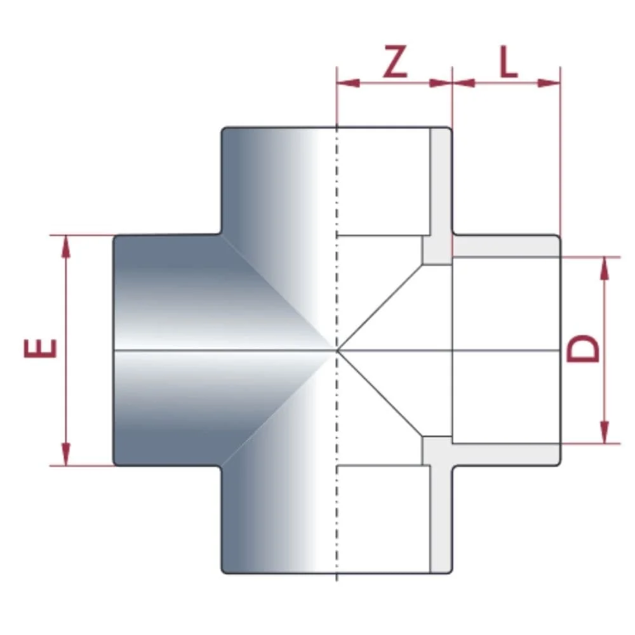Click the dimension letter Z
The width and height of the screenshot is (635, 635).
395,63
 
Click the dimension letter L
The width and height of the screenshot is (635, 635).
508,63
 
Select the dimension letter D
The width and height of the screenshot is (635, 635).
583,350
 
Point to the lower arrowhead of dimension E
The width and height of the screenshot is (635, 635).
65,454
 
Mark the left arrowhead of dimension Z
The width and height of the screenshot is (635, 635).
349,83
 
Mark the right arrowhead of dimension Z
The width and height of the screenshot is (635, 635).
440,83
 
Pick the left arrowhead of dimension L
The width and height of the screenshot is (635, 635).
464,83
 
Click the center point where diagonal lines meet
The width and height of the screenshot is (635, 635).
337,350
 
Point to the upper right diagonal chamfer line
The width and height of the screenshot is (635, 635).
381,305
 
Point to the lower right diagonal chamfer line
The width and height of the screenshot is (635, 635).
381,394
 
